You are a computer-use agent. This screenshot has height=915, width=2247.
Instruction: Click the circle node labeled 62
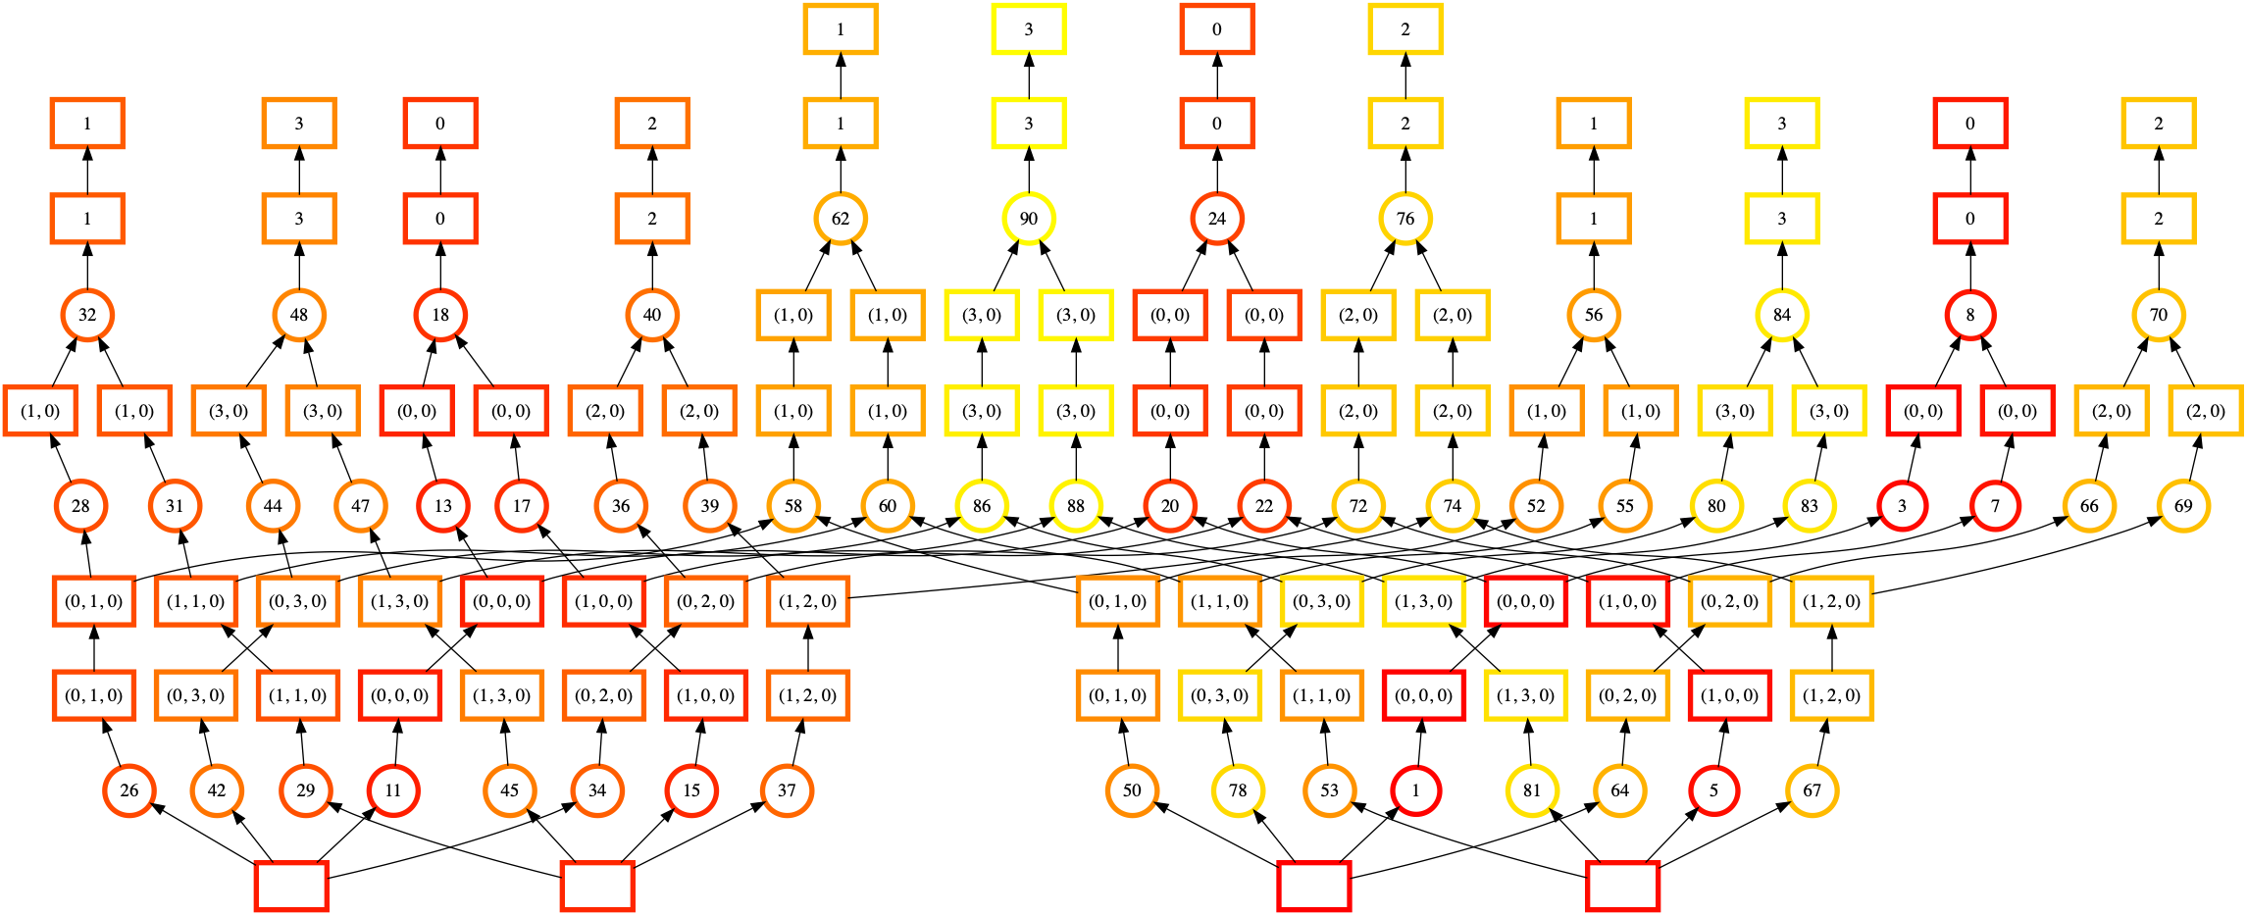point(841,219)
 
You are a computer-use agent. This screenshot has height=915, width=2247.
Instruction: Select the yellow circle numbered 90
point(1028,219)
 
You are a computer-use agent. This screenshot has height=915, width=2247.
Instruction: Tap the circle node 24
point(1216,219)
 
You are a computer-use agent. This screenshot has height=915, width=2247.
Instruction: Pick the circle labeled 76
point(1404,219)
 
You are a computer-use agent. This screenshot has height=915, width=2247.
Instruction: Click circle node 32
point(87,315)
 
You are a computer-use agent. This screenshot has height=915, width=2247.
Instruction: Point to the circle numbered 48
point(299,315)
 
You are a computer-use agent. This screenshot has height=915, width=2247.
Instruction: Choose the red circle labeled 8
point(1969,315)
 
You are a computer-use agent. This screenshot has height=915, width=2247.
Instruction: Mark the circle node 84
point(1781,315)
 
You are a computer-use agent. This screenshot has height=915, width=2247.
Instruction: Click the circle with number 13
point(443,506)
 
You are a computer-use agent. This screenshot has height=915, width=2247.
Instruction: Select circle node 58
point(793,506)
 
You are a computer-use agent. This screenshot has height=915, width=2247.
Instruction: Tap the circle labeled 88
point(1076,506)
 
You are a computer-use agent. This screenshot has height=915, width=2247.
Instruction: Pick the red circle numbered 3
point(1902,506)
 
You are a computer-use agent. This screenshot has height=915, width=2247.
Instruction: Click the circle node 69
point(2183,506)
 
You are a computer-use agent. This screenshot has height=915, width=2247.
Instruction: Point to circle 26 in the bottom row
point(129,790)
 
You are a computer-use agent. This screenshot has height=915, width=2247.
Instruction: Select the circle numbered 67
point(1812,790)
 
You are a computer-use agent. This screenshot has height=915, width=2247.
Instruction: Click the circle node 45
point(510,790)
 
